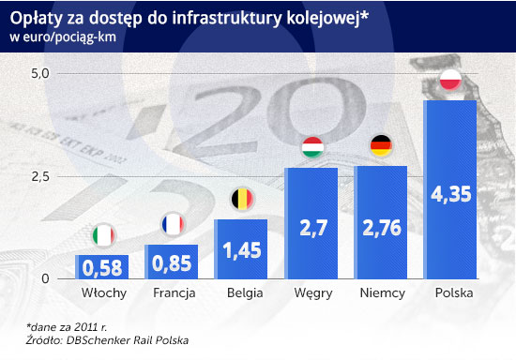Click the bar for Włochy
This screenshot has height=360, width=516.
[x=102, y=267]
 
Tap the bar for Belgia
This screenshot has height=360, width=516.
[x=241, y=249]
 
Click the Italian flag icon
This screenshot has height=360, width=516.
[x=102, y=233]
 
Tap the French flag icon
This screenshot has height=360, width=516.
[x=172, y=225]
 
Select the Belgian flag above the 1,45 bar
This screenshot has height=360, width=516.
[x=241, y=199]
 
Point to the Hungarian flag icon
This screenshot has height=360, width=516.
[x=311, y=147]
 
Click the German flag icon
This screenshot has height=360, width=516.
[x=381, y=144]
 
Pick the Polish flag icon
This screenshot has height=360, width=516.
[x=451, y=81]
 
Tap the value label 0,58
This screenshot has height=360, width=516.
[x=102, y=269]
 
